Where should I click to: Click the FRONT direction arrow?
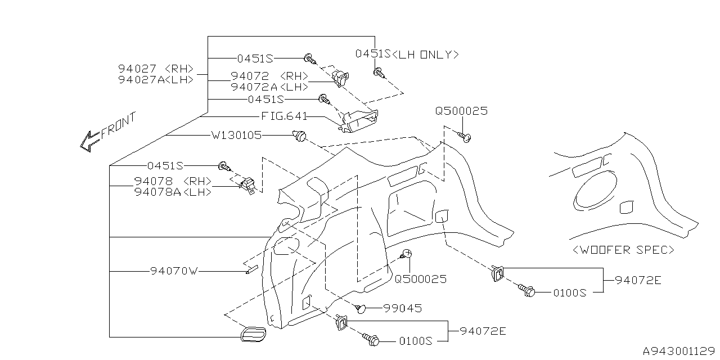pyautogui.click(x=91, y=141)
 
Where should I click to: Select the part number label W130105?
pyautogui.click(x=237, y=136)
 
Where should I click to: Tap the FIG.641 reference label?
pyautogui.click(x=284, y=116)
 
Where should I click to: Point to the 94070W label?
pyautogui.click(x=174, y=271)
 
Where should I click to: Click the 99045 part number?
pyautogui.click(x=402, y=309)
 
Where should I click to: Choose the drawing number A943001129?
pyautogui.click(x=679, y=351)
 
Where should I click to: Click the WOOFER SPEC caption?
pyautogui.click(x=623, y=250)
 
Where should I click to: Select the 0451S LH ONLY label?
pyautogui.click(x=407, y=54)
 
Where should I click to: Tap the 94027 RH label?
pyautogui.click(x=156, y=69)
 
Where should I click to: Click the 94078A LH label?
pyautogui.click(x=173, y=192)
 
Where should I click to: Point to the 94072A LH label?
pyautogui.click(x=269, y=87)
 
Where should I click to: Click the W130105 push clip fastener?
pyautogui.click(x=299, y=136)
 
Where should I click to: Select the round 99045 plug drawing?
pyautogui.click(x=361, y=309)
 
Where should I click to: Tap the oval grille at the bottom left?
pyautogui.click(x=253, y=334)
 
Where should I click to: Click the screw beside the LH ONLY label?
pyautogui.click(x=379, y=73)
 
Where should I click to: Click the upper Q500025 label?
pyautogui.click(x=461, y=111)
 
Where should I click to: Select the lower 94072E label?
pyautogui.click(x=483, y=331)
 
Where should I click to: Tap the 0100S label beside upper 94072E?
pyautogui.click(x=570, y=293)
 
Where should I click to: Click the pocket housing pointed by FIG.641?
pyautogui.click(x=359, y=121)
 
